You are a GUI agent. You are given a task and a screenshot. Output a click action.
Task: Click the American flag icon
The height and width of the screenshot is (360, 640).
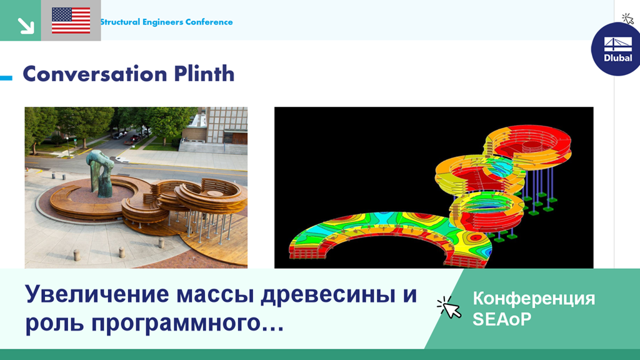click(x=71, y=21)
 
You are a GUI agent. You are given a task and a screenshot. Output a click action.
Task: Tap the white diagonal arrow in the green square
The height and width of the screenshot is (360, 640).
click(x=26, y=25)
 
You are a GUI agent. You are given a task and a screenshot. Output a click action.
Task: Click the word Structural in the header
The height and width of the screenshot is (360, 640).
click(x=120, y=22)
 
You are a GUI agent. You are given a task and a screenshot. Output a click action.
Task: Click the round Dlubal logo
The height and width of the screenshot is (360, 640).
click(x=617, y=49)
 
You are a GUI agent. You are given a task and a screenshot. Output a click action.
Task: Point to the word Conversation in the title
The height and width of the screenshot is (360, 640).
click(x=96, y=74)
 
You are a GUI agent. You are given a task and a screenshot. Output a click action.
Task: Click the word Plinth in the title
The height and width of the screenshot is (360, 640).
click(x=204, y=74)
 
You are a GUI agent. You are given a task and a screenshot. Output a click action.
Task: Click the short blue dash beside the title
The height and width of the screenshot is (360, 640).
click(x=6, y=77)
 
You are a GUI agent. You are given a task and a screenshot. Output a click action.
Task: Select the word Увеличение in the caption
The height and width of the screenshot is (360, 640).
click(x=97, y=294)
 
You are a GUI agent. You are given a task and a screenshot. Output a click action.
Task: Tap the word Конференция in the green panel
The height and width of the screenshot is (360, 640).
click(x=534, y=298)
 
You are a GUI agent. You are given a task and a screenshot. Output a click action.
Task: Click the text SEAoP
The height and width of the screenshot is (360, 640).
click(x=502, y=319)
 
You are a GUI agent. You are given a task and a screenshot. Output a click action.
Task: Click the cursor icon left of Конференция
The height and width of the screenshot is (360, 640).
click(x=449, y=307)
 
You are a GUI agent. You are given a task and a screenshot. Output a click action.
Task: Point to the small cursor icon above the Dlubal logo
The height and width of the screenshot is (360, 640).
click(x=627, y=18)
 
